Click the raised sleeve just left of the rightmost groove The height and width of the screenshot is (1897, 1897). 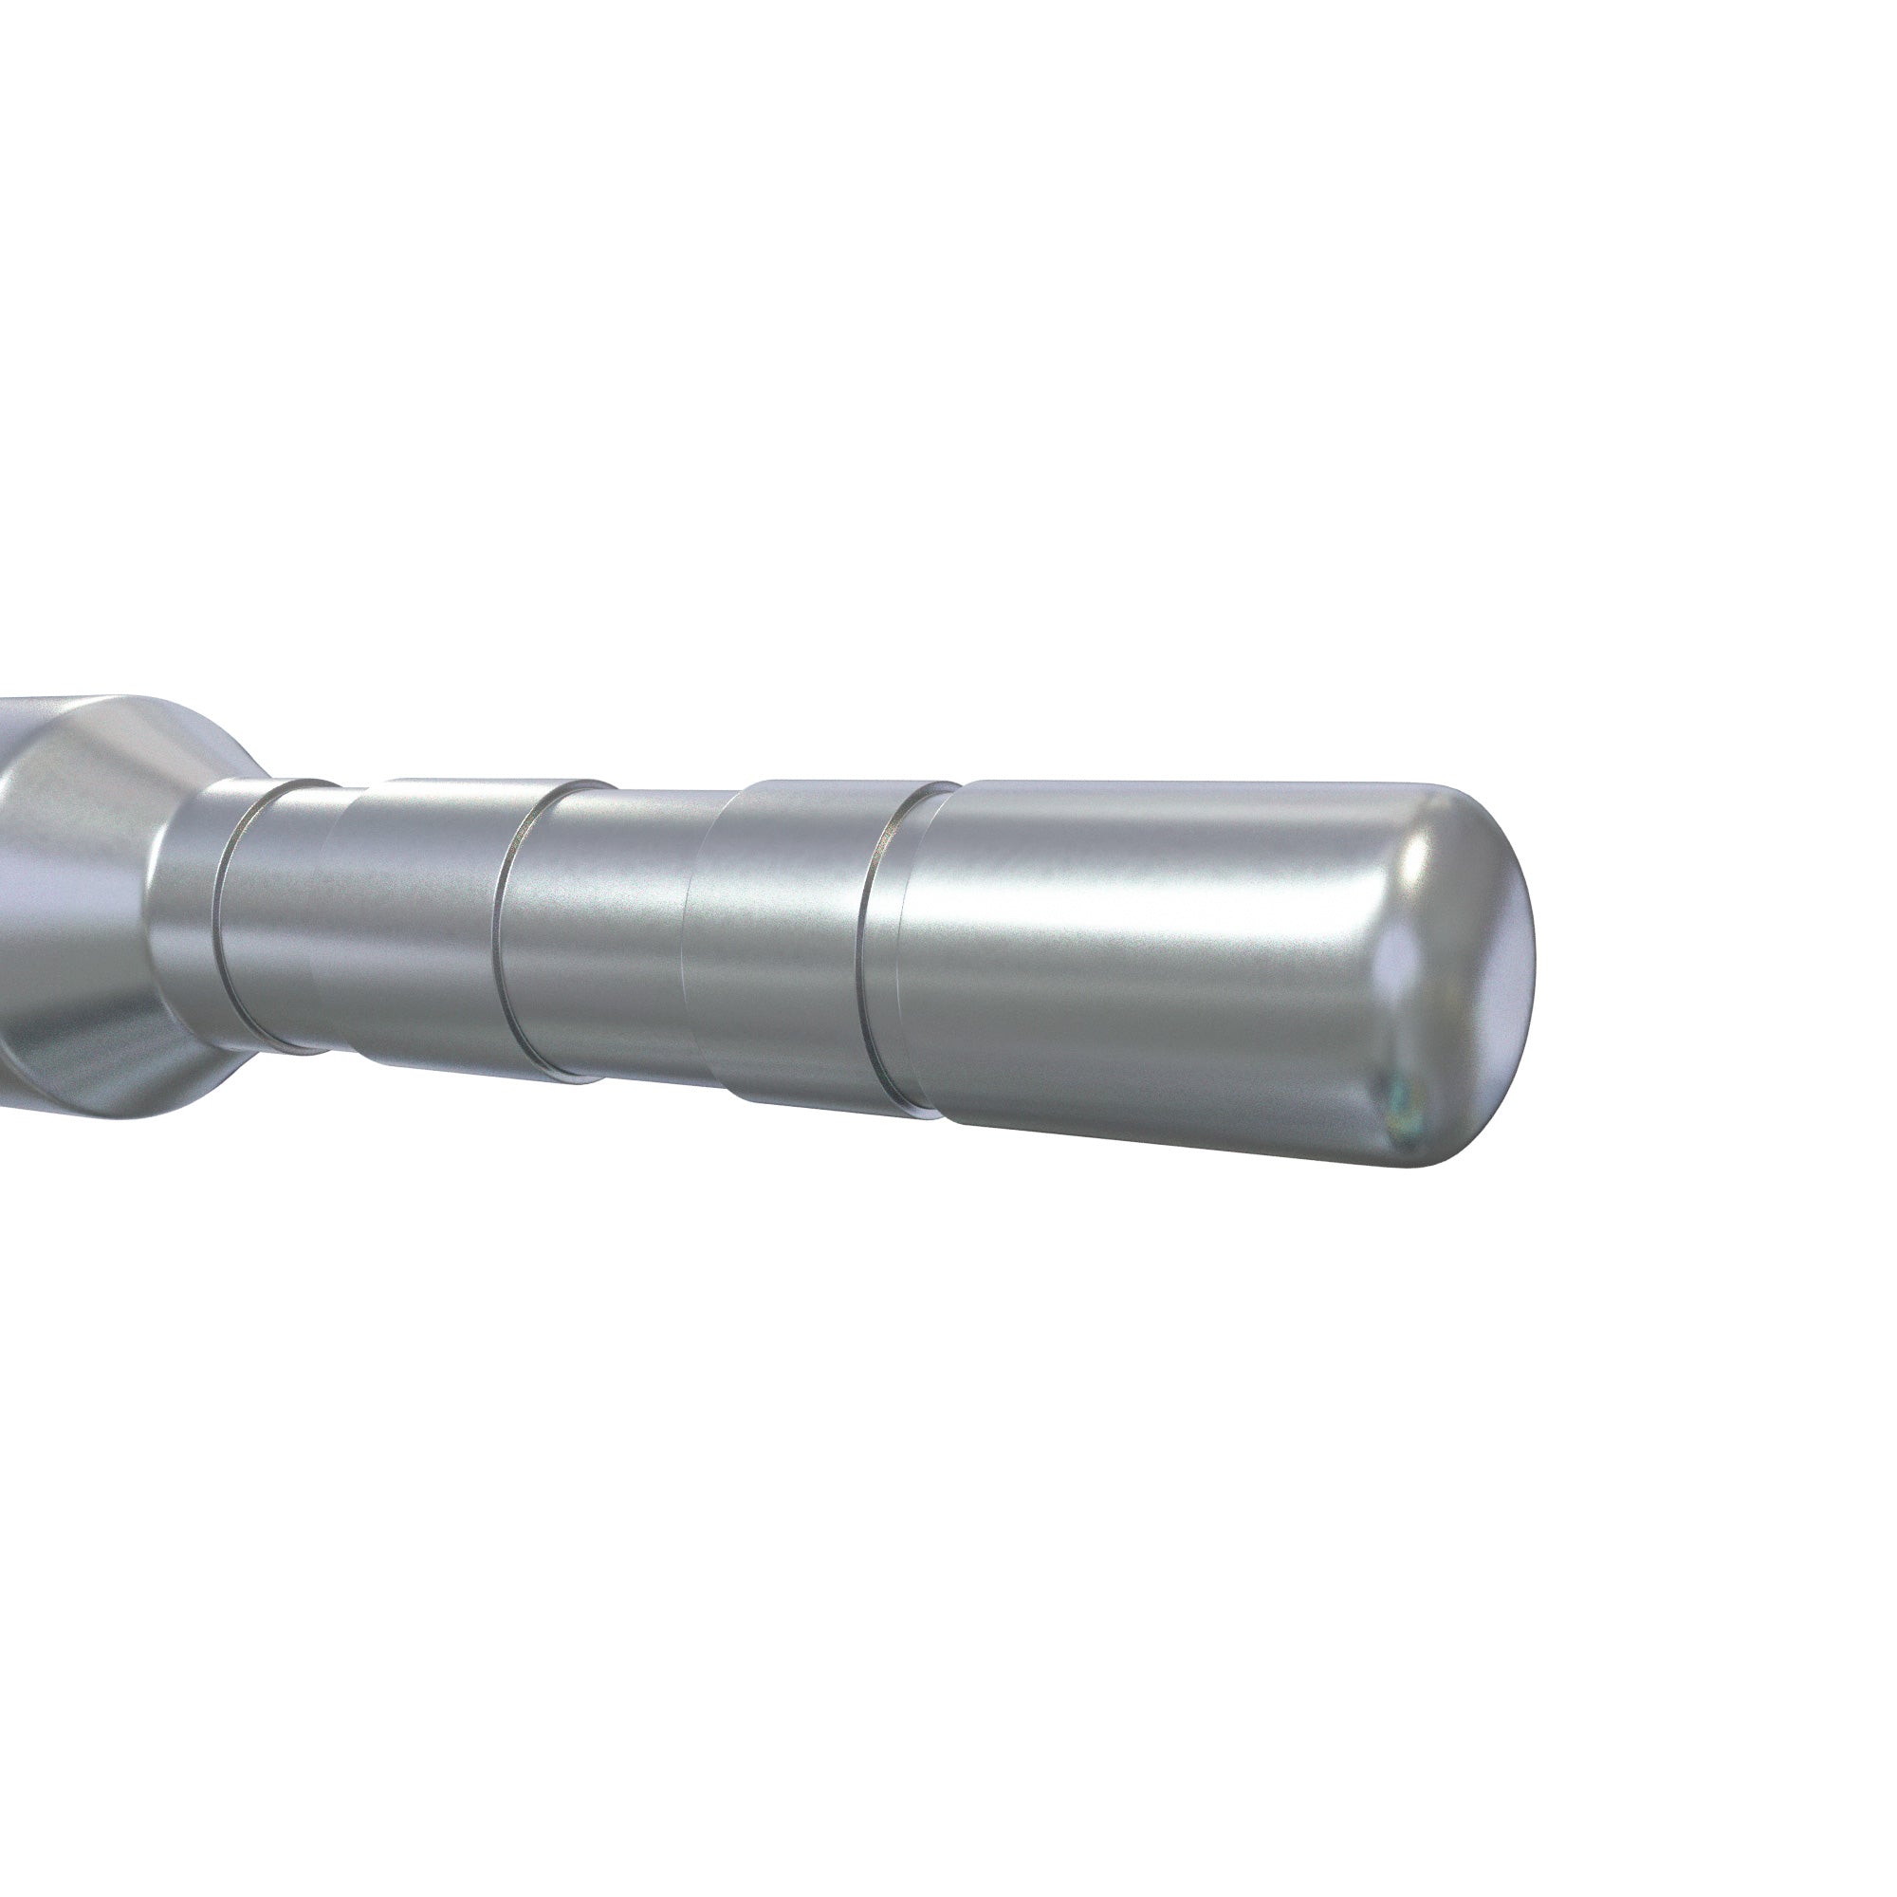coord(785,943)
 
